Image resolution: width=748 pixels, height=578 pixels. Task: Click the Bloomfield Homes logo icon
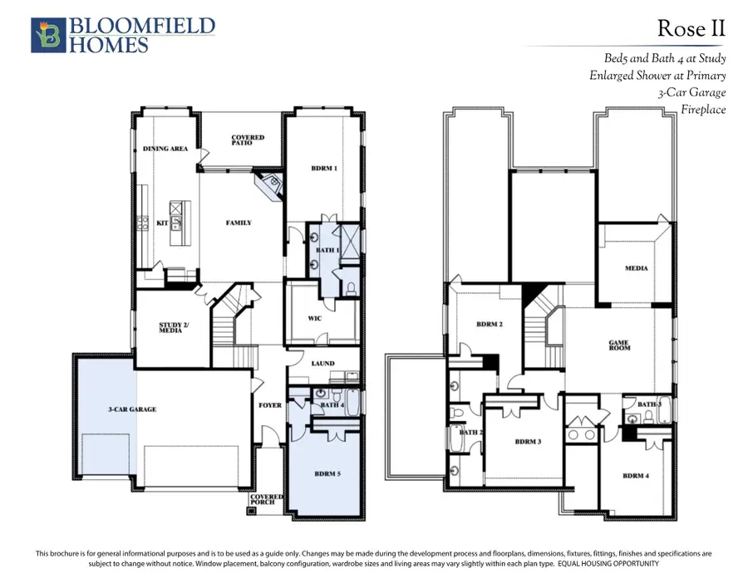tap(48, 35)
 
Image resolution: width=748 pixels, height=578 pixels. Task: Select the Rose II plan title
tap(691, 28)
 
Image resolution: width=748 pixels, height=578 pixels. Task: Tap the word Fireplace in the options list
tap(703, 110)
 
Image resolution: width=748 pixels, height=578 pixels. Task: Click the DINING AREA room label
tap(165, 149)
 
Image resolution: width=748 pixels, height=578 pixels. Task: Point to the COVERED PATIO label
tap(248, 140)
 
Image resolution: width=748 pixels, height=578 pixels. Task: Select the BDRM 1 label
tap(324, 169)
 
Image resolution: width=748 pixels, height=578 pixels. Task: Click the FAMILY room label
tap(239, 223)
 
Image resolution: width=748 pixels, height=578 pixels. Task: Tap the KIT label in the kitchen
tap(162, 223)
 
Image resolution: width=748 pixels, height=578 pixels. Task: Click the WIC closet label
tap(315, 318)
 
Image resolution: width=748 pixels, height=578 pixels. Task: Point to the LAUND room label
tap(323, 363)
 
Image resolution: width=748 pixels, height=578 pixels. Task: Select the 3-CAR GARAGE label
tap(132, 409)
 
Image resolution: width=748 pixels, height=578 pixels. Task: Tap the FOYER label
tap(270, 405)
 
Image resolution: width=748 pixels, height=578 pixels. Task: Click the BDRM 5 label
tap(327, 473)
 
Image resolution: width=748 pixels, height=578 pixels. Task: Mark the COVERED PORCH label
tap(267, 499)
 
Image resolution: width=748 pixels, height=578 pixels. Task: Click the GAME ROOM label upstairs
tap(619, 345)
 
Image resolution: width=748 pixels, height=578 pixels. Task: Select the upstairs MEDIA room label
tap(637, 268)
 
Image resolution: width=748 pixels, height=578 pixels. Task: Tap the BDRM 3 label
tap(528, 442)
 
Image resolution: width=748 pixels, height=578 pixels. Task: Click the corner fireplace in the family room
tap(269, 184)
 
